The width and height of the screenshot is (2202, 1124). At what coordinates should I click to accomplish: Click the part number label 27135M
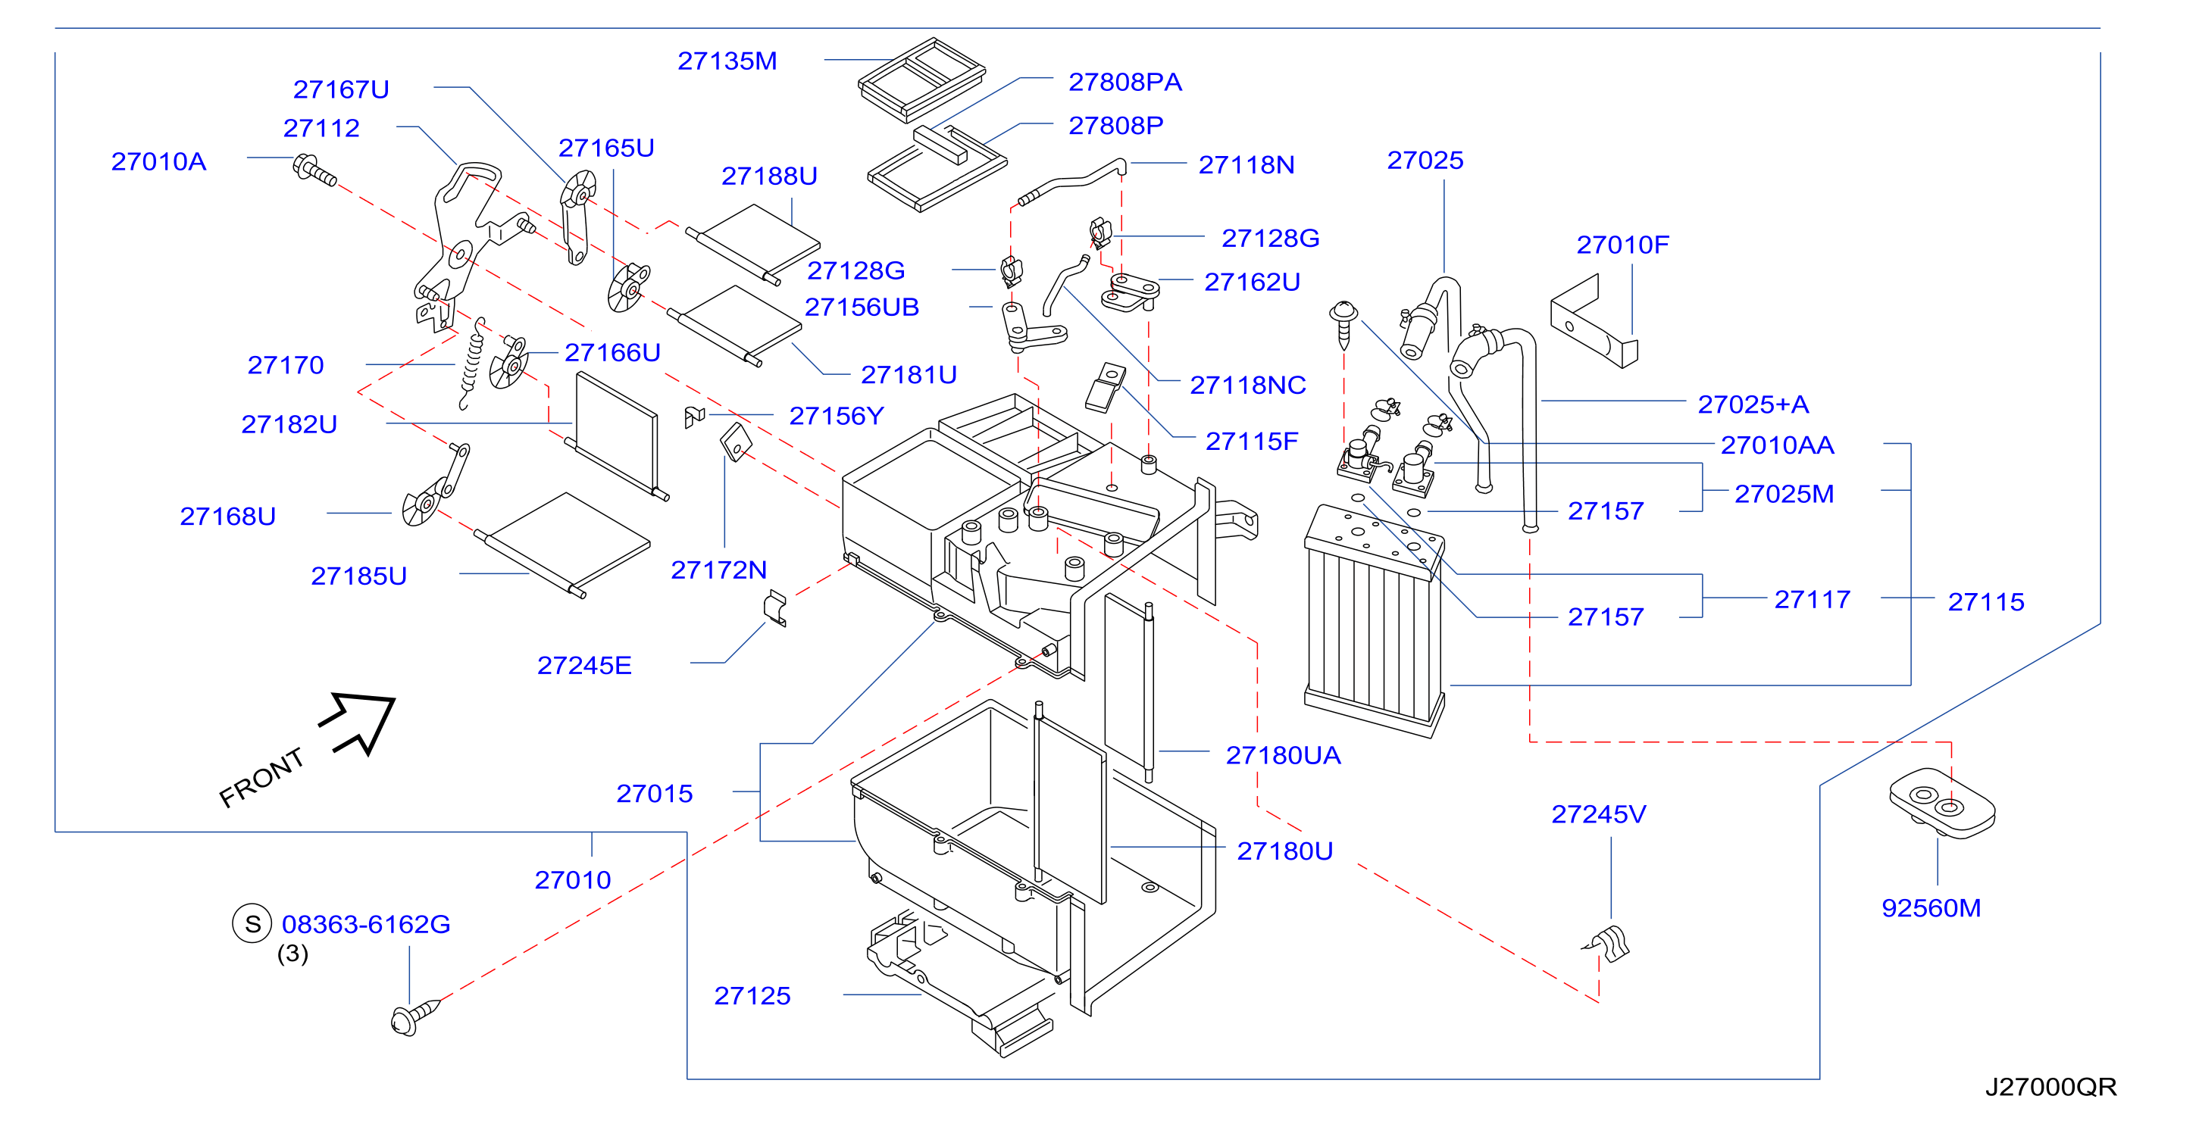[x=727, y=61]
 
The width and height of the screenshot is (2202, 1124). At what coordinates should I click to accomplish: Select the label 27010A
[x=159, y=161]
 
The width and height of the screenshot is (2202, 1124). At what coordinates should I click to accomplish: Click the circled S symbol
[x=252, y=923]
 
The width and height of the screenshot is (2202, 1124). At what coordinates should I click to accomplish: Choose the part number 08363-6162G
[x=366, y=924]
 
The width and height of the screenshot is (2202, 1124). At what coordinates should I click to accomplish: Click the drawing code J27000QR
[x=2050, y=1086]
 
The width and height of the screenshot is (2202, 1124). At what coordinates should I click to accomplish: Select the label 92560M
[x=1931, y=907]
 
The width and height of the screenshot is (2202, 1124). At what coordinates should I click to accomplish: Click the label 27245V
[x=1599, y=813]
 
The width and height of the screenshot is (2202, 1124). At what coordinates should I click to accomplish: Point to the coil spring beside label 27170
[x=472, y=364]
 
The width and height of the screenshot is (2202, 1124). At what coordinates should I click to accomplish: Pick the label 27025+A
[x=1753, y=404]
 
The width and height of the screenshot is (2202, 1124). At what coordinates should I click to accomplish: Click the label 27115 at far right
[x=1986, y=601]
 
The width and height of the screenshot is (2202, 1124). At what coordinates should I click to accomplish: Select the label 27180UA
[x=1283, y=756]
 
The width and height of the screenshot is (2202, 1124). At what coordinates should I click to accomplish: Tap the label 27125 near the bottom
[x=752, y=996]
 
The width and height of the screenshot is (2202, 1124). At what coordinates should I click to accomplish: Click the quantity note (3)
[x=292, y=953]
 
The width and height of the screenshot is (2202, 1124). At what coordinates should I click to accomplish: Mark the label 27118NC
[x=1248, y=386]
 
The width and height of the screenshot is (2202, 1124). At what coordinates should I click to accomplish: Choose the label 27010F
[x=1622, y=245]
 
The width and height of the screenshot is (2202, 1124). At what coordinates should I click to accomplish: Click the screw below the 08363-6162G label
[x=414, y=1016]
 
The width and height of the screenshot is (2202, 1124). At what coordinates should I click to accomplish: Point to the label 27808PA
[x=1125, y=82]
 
